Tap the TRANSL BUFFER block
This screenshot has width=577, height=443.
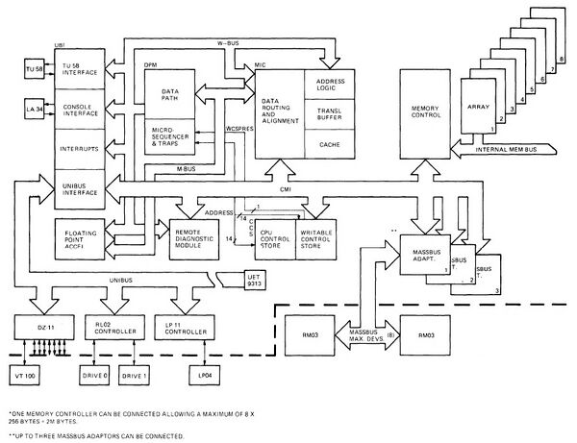(x=330, y=112)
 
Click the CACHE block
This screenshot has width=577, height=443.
(x=330, y=144)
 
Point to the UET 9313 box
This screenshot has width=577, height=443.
(x=235, y=281)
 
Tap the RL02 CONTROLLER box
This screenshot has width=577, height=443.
(x=113, y=328)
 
